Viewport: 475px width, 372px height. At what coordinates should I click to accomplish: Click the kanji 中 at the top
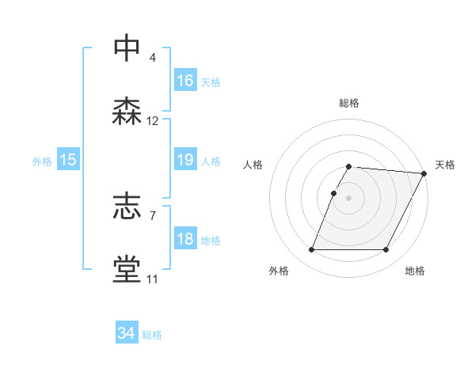(x=127, y=48)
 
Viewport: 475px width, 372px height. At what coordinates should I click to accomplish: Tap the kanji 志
(x=127, y=207)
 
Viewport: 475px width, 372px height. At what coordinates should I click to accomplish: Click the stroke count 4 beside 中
(x=153, y=58)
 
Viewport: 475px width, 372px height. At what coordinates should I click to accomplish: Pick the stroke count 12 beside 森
(x=153, y=121)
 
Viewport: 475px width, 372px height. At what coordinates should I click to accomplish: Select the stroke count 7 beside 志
(x=153, y=214)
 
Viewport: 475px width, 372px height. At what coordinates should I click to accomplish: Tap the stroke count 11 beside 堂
(x=152, y=279)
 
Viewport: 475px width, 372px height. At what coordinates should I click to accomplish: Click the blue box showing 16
(x=185, y=81)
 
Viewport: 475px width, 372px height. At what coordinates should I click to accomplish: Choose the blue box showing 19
(x=185, y=161)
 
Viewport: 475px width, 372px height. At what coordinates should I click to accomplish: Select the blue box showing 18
(x=185, y=240)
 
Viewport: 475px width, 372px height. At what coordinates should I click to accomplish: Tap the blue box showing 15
(x=68, y=161)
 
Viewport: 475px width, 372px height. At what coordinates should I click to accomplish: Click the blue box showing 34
(x=127, y=334)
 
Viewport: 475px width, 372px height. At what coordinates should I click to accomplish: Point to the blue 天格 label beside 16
(x=211, y=82)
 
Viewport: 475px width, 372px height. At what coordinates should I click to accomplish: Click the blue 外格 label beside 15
(x=42, y=161)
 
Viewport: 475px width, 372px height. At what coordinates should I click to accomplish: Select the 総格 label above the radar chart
(x=349, y=103)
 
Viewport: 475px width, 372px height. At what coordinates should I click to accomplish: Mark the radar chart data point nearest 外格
(x=311, y=250)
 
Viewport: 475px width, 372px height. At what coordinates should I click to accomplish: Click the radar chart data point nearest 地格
(x=386, y=250)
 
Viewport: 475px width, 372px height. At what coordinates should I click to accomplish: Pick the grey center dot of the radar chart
(x=349, y=197)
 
